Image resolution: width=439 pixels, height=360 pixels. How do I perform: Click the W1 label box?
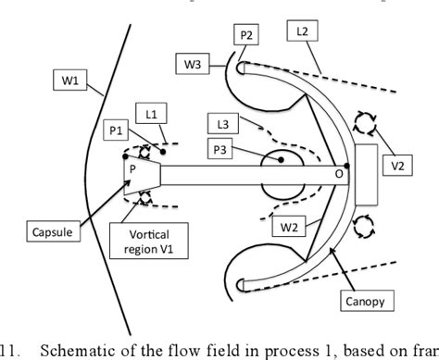coord(72,91)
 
